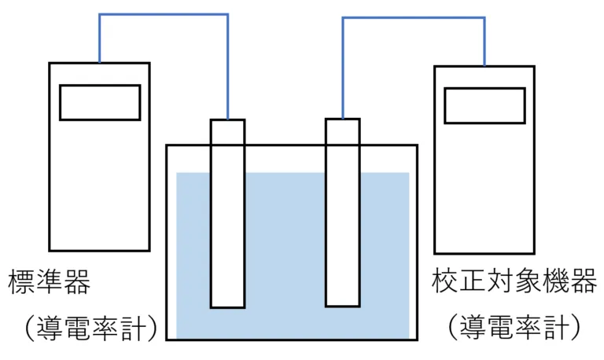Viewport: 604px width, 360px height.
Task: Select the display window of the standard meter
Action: pos(100,102)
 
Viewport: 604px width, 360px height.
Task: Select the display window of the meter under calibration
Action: pos(484,105)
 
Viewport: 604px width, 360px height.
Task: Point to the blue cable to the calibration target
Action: pos(413,18)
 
